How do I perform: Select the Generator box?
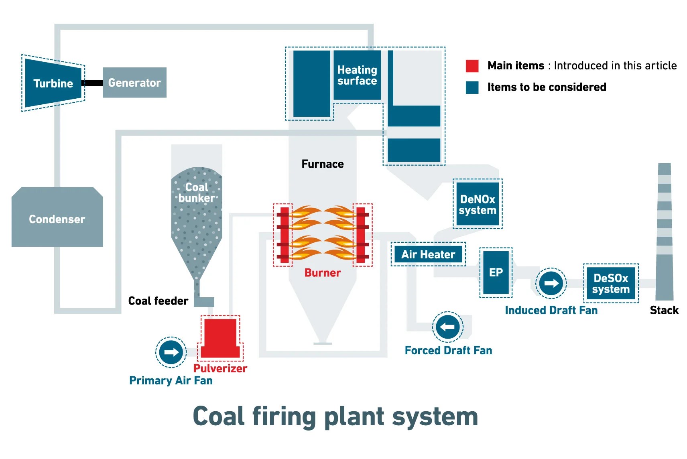[x=134, y=83]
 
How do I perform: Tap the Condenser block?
[x=57, y=218]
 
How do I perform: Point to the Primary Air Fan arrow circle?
[x=171, y=352]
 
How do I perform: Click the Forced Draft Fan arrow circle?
[x=447, y=327]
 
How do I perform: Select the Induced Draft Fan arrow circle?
[x=551, y=283]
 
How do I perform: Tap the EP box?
[x=496, y=272]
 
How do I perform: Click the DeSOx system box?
[x=611, y=283]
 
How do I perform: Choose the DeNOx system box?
[x=478, y=204]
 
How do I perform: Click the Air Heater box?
[x=428, y=254]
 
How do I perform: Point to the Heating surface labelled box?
[x=357, y=75]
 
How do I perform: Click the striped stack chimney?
[x=664, y=233]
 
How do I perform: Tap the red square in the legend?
[x=472, y=66]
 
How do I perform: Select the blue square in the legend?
[x=472, y=87]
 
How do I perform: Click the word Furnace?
[x=323, y=164]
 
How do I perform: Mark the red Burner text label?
[x=323, y=273]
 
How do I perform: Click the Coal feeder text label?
[x=158, y=301]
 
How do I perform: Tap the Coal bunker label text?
[x=197, y=193]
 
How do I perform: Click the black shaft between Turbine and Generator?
[x=92, y=83]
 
